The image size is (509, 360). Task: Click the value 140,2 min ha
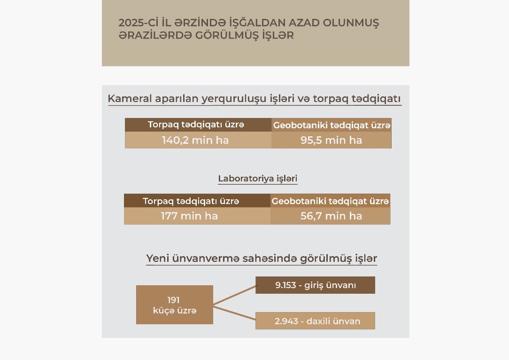pyautogui.click(x=195, y=140)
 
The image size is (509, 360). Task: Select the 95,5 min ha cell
pyautogui.click(x=332, y=140)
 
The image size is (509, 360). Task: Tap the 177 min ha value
pyautogui.click(x=189, y=216)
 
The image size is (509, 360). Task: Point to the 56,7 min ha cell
pyautogui.click(x=332, y=216)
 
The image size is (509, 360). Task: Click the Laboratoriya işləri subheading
pyautogui.click(x=258, y=179)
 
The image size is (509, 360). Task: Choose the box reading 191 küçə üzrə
pyautogui.click(x=175, y=305)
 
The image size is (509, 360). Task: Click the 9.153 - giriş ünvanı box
pyautogui.click(x=315, y=285)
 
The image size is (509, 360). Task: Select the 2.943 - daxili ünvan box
pyautogui.click(x=315, y=321)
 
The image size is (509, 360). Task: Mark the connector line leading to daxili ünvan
pyautogui.click(x=234, y=315)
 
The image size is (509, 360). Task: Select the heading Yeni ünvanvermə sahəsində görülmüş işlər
pyautogui.click(x=262, y=258)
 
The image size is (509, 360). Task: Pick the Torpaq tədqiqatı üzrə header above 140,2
pyautogui.click(x=196, y=125)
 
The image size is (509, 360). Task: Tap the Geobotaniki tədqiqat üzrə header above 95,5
pyautogui.click(x=332, y=125)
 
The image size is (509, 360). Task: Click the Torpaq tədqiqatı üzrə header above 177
pyautogui.click(x=191, y=201)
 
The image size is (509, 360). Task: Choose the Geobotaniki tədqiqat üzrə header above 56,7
pyautogui.click(x=330, y=201)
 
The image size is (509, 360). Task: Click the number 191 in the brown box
pyautogui.click(x=173, y=300)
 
